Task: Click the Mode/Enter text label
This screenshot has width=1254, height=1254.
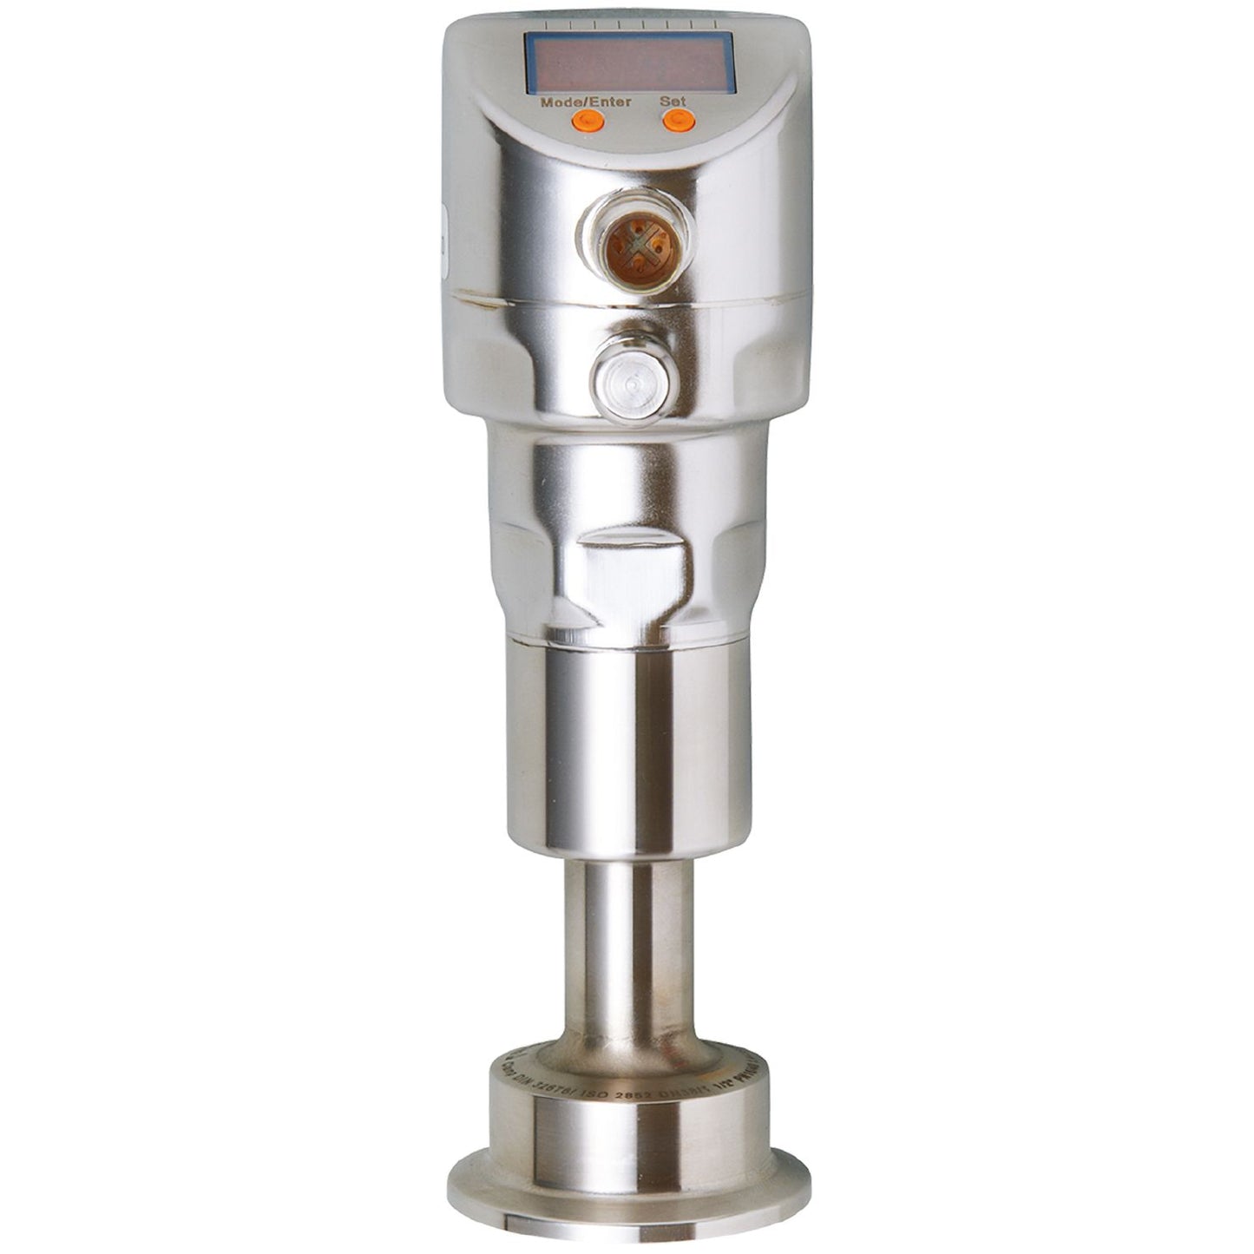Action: click(x=586, y=101)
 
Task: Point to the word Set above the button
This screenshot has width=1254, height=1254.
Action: click(x=674, y=101)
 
